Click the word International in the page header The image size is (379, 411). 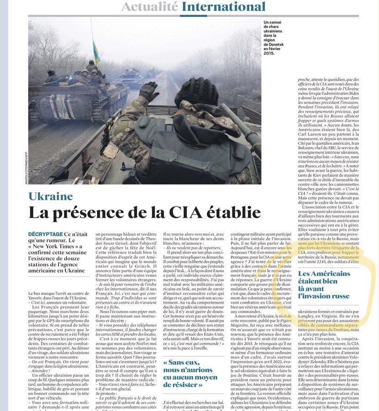[223, 7]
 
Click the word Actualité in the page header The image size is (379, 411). [149, 7]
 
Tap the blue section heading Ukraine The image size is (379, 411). [51, 196]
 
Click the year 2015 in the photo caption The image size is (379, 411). [269, 53]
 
